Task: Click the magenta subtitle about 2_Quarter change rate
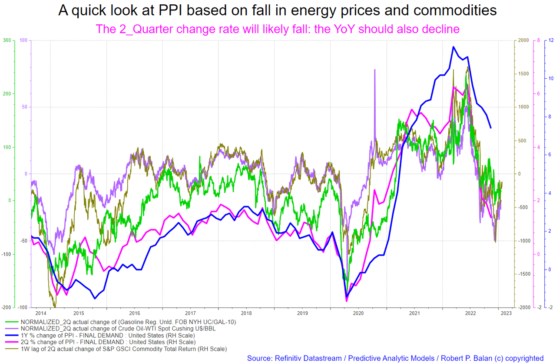click(278, 29)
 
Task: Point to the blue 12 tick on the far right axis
click(550, 40)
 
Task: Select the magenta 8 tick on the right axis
click(538, 40)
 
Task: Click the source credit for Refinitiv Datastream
click(395, 358)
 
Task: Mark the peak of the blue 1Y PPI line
click(453, 47)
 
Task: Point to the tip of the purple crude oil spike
click(374, 69)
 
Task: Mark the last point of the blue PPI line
click(491, 128)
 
